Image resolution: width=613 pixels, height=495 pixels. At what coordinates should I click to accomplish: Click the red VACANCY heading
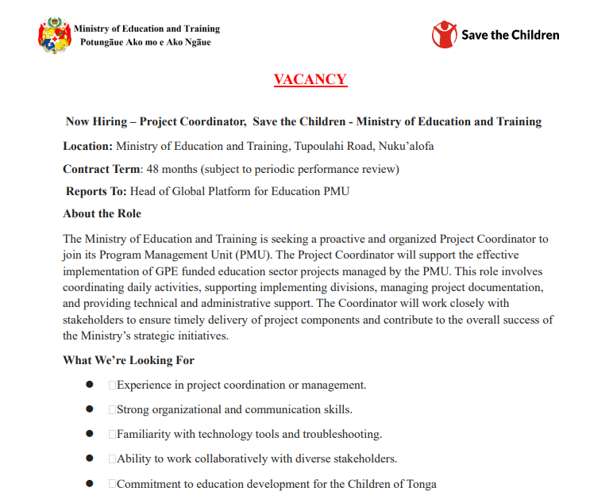310,79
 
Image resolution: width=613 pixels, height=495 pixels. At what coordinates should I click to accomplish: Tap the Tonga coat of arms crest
55,36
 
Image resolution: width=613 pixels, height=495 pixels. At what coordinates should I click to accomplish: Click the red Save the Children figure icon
445,35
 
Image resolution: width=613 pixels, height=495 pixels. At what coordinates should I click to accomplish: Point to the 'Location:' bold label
88,146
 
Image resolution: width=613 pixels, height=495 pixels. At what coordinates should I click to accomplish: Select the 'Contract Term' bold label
101,169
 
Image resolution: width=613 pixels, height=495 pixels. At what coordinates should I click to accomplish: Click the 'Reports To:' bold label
97,191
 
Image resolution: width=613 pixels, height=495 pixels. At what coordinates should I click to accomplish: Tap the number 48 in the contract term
152,169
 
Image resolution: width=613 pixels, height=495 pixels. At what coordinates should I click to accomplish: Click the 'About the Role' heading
102,213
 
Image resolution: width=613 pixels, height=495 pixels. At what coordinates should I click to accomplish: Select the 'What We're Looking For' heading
129,360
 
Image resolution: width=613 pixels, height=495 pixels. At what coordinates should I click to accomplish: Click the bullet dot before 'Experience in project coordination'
90,385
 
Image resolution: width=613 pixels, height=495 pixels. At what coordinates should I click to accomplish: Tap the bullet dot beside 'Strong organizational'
90,409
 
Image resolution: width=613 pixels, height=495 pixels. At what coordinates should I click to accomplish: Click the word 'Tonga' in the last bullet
421,484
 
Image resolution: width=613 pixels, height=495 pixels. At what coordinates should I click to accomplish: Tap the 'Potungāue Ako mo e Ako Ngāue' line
145,42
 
